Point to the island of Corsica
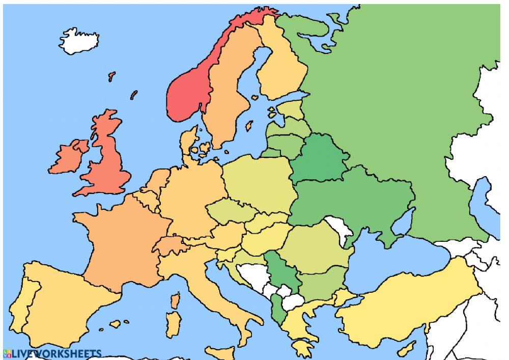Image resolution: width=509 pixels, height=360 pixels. coord(175,301)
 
